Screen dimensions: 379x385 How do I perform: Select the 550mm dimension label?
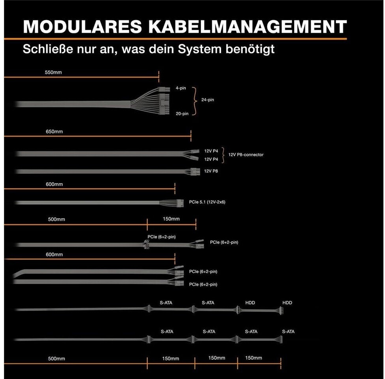(x=54, y=73)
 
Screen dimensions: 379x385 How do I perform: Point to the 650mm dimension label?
(x=54, y=131)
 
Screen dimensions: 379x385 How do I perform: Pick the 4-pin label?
(x=181, y=88)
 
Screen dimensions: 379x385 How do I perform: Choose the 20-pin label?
(x=182, y=114)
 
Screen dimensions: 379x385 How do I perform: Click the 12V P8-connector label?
(x=245, y=155)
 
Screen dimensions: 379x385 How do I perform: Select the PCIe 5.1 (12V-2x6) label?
(x=207, y=202)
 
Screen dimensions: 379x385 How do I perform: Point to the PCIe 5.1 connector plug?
(x=180, y=203)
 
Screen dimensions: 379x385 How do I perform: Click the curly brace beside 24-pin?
(x=194, y=100)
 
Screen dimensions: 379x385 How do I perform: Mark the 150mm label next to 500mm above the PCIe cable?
(x=171, y=219)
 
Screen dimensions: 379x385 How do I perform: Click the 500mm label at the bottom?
(x=57, y=359)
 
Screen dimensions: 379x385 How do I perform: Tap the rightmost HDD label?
(x=287, y=303)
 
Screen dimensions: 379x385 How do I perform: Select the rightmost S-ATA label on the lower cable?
(x=288, y=332)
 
